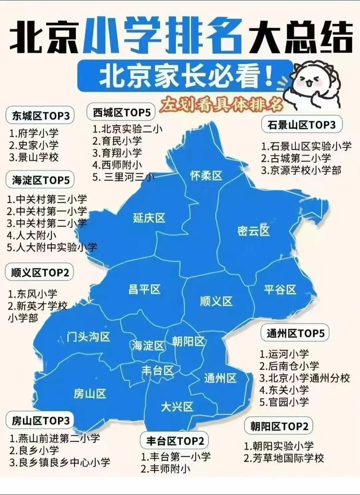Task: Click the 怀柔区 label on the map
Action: coord(206,176)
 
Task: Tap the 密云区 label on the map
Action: coord(253,231)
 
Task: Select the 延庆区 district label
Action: coord(149,218)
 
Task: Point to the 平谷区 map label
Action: coord(280,290)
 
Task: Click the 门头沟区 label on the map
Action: coord(88,336)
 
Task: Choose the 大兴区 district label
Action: coord(177,407)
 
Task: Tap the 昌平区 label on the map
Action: coord(144,290)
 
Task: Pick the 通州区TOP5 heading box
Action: coord(295,334)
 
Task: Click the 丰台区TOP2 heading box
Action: coord(175,440)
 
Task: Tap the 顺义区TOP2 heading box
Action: coord(40,272)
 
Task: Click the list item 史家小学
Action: coord(34,145)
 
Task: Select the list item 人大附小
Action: coord(31,235)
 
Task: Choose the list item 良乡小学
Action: coord(34,450)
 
